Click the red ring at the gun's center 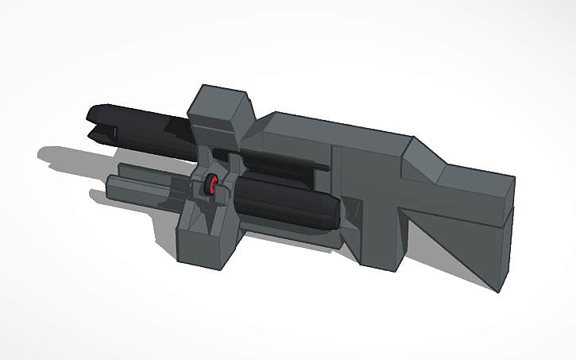coord(213,186)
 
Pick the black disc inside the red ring coord(211,187)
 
